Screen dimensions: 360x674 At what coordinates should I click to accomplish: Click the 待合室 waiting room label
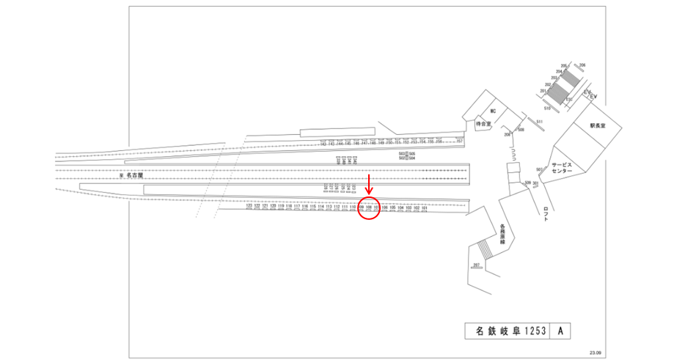(x=482, y=125)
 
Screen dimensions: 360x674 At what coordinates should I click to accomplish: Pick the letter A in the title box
(x=560, y=331)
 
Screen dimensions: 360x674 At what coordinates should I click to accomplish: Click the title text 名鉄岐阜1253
(x=508, y=331)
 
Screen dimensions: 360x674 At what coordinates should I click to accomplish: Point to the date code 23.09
(x=595, y=353)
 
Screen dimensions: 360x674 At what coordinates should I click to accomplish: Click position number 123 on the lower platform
(x=249, y=207)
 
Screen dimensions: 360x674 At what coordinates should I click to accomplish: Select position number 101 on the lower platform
(x=425, y=207)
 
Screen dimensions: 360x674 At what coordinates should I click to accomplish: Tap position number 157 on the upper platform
(x=460, y=141)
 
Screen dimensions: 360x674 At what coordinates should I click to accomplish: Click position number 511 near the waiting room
(x=538, y=121)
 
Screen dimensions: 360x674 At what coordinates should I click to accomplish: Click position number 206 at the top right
(x=583, y=66)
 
